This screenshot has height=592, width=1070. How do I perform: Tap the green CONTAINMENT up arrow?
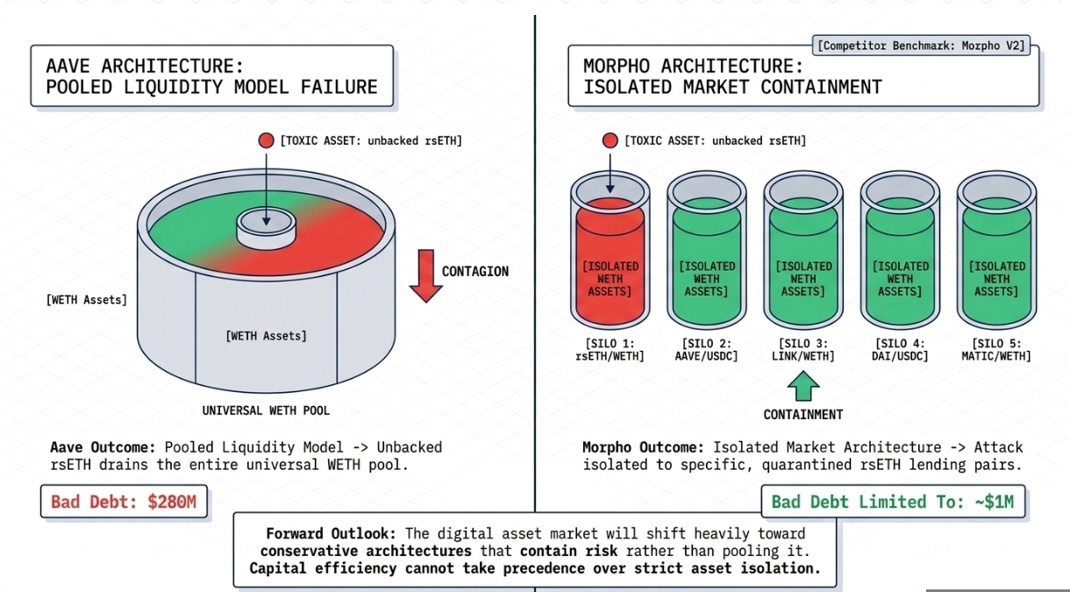click(802, 386)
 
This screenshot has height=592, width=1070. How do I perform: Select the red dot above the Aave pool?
click(266, 140)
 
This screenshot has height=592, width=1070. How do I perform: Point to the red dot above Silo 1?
click(610, 140)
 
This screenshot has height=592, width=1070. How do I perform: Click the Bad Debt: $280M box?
click(124, 502)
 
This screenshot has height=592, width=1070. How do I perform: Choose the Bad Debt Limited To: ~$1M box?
click(893, 502)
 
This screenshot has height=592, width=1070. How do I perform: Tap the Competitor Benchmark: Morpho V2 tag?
click(921, 45)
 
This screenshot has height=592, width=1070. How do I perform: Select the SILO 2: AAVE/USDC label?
click(706, 349)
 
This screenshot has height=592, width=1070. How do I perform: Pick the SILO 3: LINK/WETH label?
click(802, 349)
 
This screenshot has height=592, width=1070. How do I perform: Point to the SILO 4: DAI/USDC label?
click(899, 349)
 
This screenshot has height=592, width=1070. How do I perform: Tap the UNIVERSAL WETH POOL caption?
click(266, 410)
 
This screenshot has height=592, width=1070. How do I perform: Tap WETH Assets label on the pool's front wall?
click(266, 335)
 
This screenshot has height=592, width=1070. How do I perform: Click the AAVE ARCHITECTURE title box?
click(211, 76)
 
